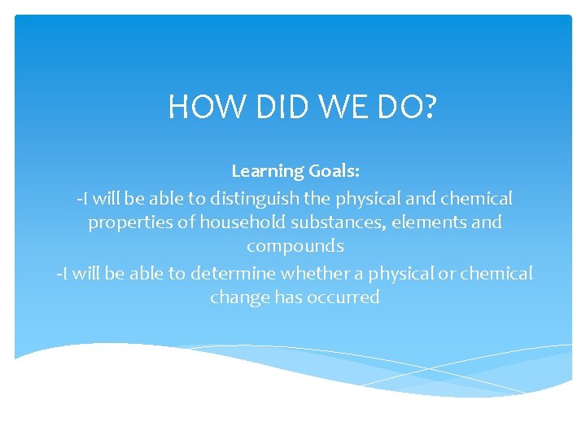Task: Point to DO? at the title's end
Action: [x=408, y=108]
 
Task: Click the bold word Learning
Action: [x=267, y=171]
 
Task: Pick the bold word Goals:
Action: [x=334, y=171]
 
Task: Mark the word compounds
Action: [x=295, y=246]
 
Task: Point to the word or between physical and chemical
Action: [x=447, y=273]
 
